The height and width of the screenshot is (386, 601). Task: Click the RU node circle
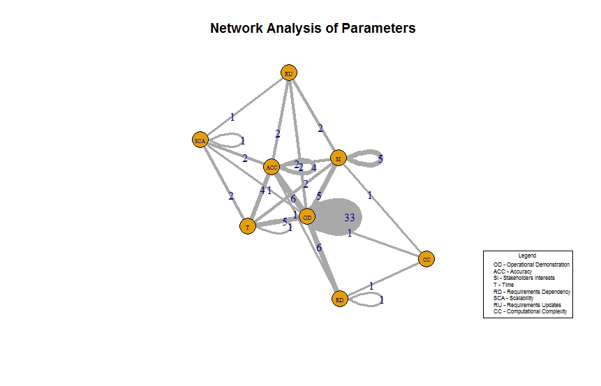289,73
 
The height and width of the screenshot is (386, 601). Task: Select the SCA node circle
200,140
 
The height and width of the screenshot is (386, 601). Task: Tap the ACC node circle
272,167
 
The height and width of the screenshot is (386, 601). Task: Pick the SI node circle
339,158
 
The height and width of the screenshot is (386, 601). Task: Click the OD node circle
307,217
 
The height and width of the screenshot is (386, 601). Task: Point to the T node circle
247,227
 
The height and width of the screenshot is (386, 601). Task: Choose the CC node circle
427,259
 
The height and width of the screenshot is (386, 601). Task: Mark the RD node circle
340,299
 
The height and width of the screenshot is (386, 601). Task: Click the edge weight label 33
350,218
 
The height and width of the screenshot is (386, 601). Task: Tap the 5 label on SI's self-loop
380,159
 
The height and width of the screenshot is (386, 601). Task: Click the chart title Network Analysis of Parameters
313,29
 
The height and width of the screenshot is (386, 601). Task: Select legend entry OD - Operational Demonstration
531,265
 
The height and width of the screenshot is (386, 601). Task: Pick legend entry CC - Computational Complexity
530,311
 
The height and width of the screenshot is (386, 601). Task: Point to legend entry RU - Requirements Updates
527,304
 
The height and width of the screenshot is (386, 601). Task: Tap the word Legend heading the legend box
528,255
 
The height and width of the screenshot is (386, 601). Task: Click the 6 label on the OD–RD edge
319,248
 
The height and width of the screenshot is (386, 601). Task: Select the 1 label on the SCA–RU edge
232,117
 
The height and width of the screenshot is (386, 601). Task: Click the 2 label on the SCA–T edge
231,196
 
